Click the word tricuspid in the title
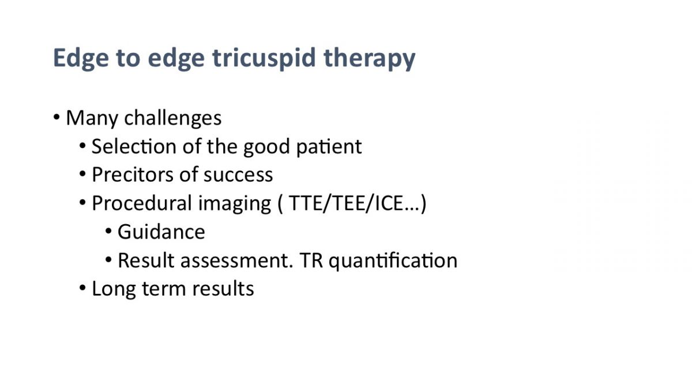click(x=264, y=58)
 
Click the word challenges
click(x=172, y=118)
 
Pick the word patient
click(x=329, y=146)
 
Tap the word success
click(x=238, y=175)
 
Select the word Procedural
click(x=142, y=203)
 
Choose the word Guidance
click(x=161, y=232)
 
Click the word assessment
click(x=236, y=260)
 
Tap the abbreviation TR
click(x=311, y=260)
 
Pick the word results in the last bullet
click(x=223, y=289)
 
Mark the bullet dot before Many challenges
click(x=57, y=118)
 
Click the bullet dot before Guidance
click(x=108, y=231)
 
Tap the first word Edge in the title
click(x=81, y=58)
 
